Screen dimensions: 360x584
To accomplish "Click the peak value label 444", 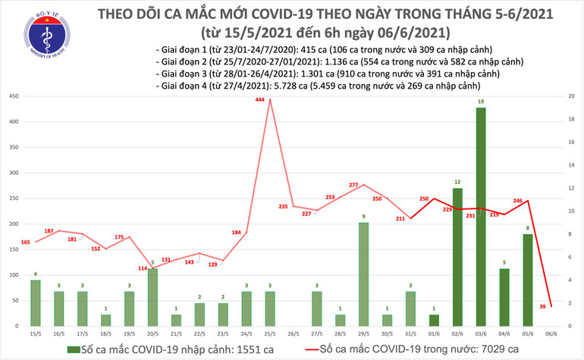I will coord(260,101).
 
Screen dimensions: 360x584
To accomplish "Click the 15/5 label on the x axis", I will coord(36,333).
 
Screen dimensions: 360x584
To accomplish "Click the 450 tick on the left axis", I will coord(13,97).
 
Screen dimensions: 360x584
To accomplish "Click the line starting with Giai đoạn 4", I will coord(319,87).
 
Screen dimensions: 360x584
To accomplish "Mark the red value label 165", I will coord(25,242).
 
